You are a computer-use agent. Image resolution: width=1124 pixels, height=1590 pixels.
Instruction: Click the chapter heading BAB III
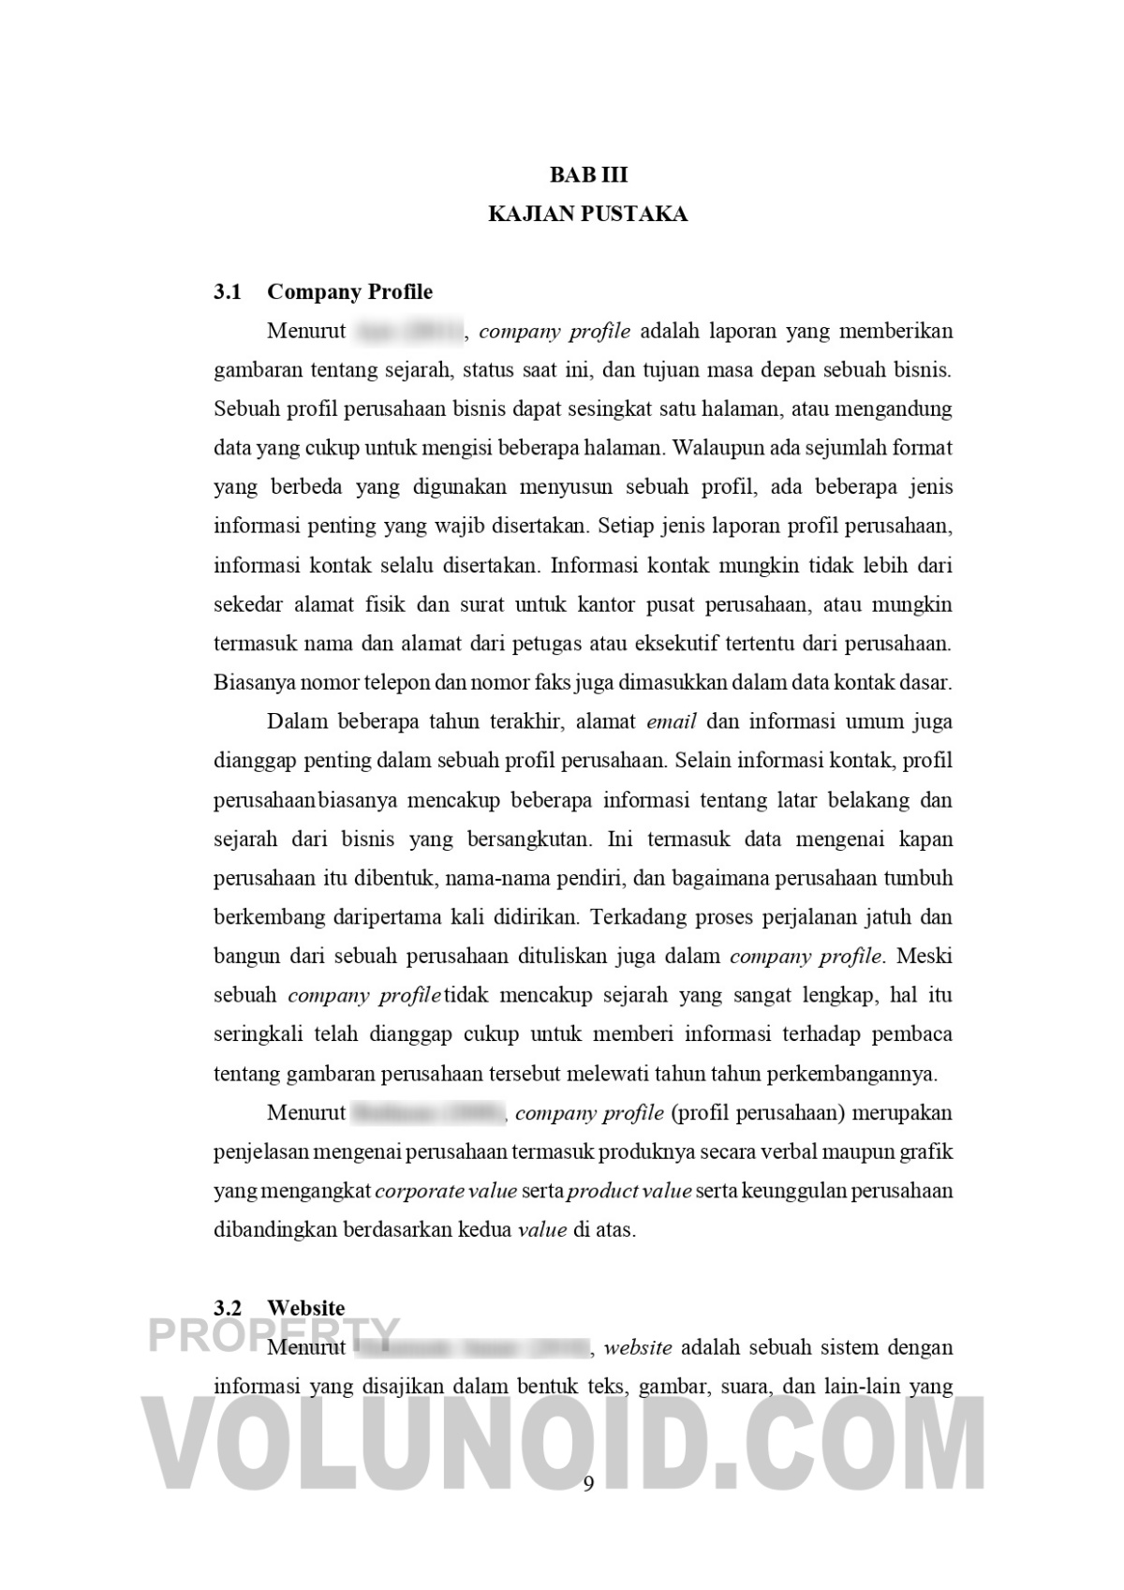click(x=588, y=175)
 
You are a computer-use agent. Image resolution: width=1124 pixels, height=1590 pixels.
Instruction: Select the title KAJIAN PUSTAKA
click(x=588, y=215)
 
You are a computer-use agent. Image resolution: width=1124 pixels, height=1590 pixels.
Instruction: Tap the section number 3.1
click(x=228, y=292)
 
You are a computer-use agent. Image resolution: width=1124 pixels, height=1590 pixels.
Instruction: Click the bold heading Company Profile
click(x=350, y=292)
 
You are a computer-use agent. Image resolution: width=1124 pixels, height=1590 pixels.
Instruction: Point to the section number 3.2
click(x=228, y=1308)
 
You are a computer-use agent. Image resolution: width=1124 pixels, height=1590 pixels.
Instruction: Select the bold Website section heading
click(x=306, y=1308)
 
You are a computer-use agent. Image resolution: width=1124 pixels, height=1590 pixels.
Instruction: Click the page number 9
click(x=588, y=1483)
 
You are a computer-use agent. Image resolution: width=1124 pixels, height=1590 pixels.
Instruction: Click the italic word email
click(x=671, y=722)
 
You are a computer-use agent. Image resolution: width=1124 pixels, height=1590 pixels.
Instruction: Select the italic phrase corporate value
click(x=446, y=1192)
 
